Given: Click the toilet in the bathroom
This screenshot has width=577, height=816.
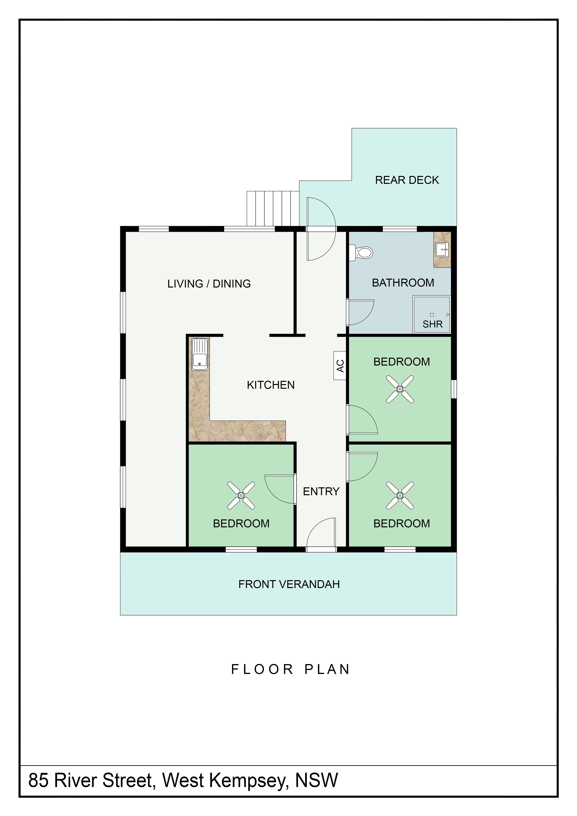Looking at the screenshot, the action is coord(361,253).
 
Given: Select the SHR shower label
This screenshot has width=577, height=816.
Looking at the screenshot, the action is coord(432,324).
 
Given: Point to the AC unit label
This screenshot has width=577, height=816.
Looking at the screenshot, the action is coord(340,366).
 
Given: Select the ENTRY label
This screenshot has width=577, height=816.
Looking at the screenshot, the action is coord(321,491).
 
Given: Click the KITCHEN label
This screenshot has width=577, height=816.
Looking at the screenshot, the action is coord(271,385).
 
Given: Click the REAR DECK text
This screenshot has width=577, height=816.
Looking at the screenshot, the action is coord(407,180).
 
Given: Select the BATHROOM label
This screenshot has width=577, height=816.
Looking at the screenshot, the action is coord(403,283).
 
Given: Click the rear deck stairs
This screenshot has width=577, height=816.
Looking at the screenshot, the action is coord(273,208).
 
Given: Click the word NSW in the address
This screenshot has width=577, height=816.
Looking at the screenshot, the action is coord(317,780).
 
